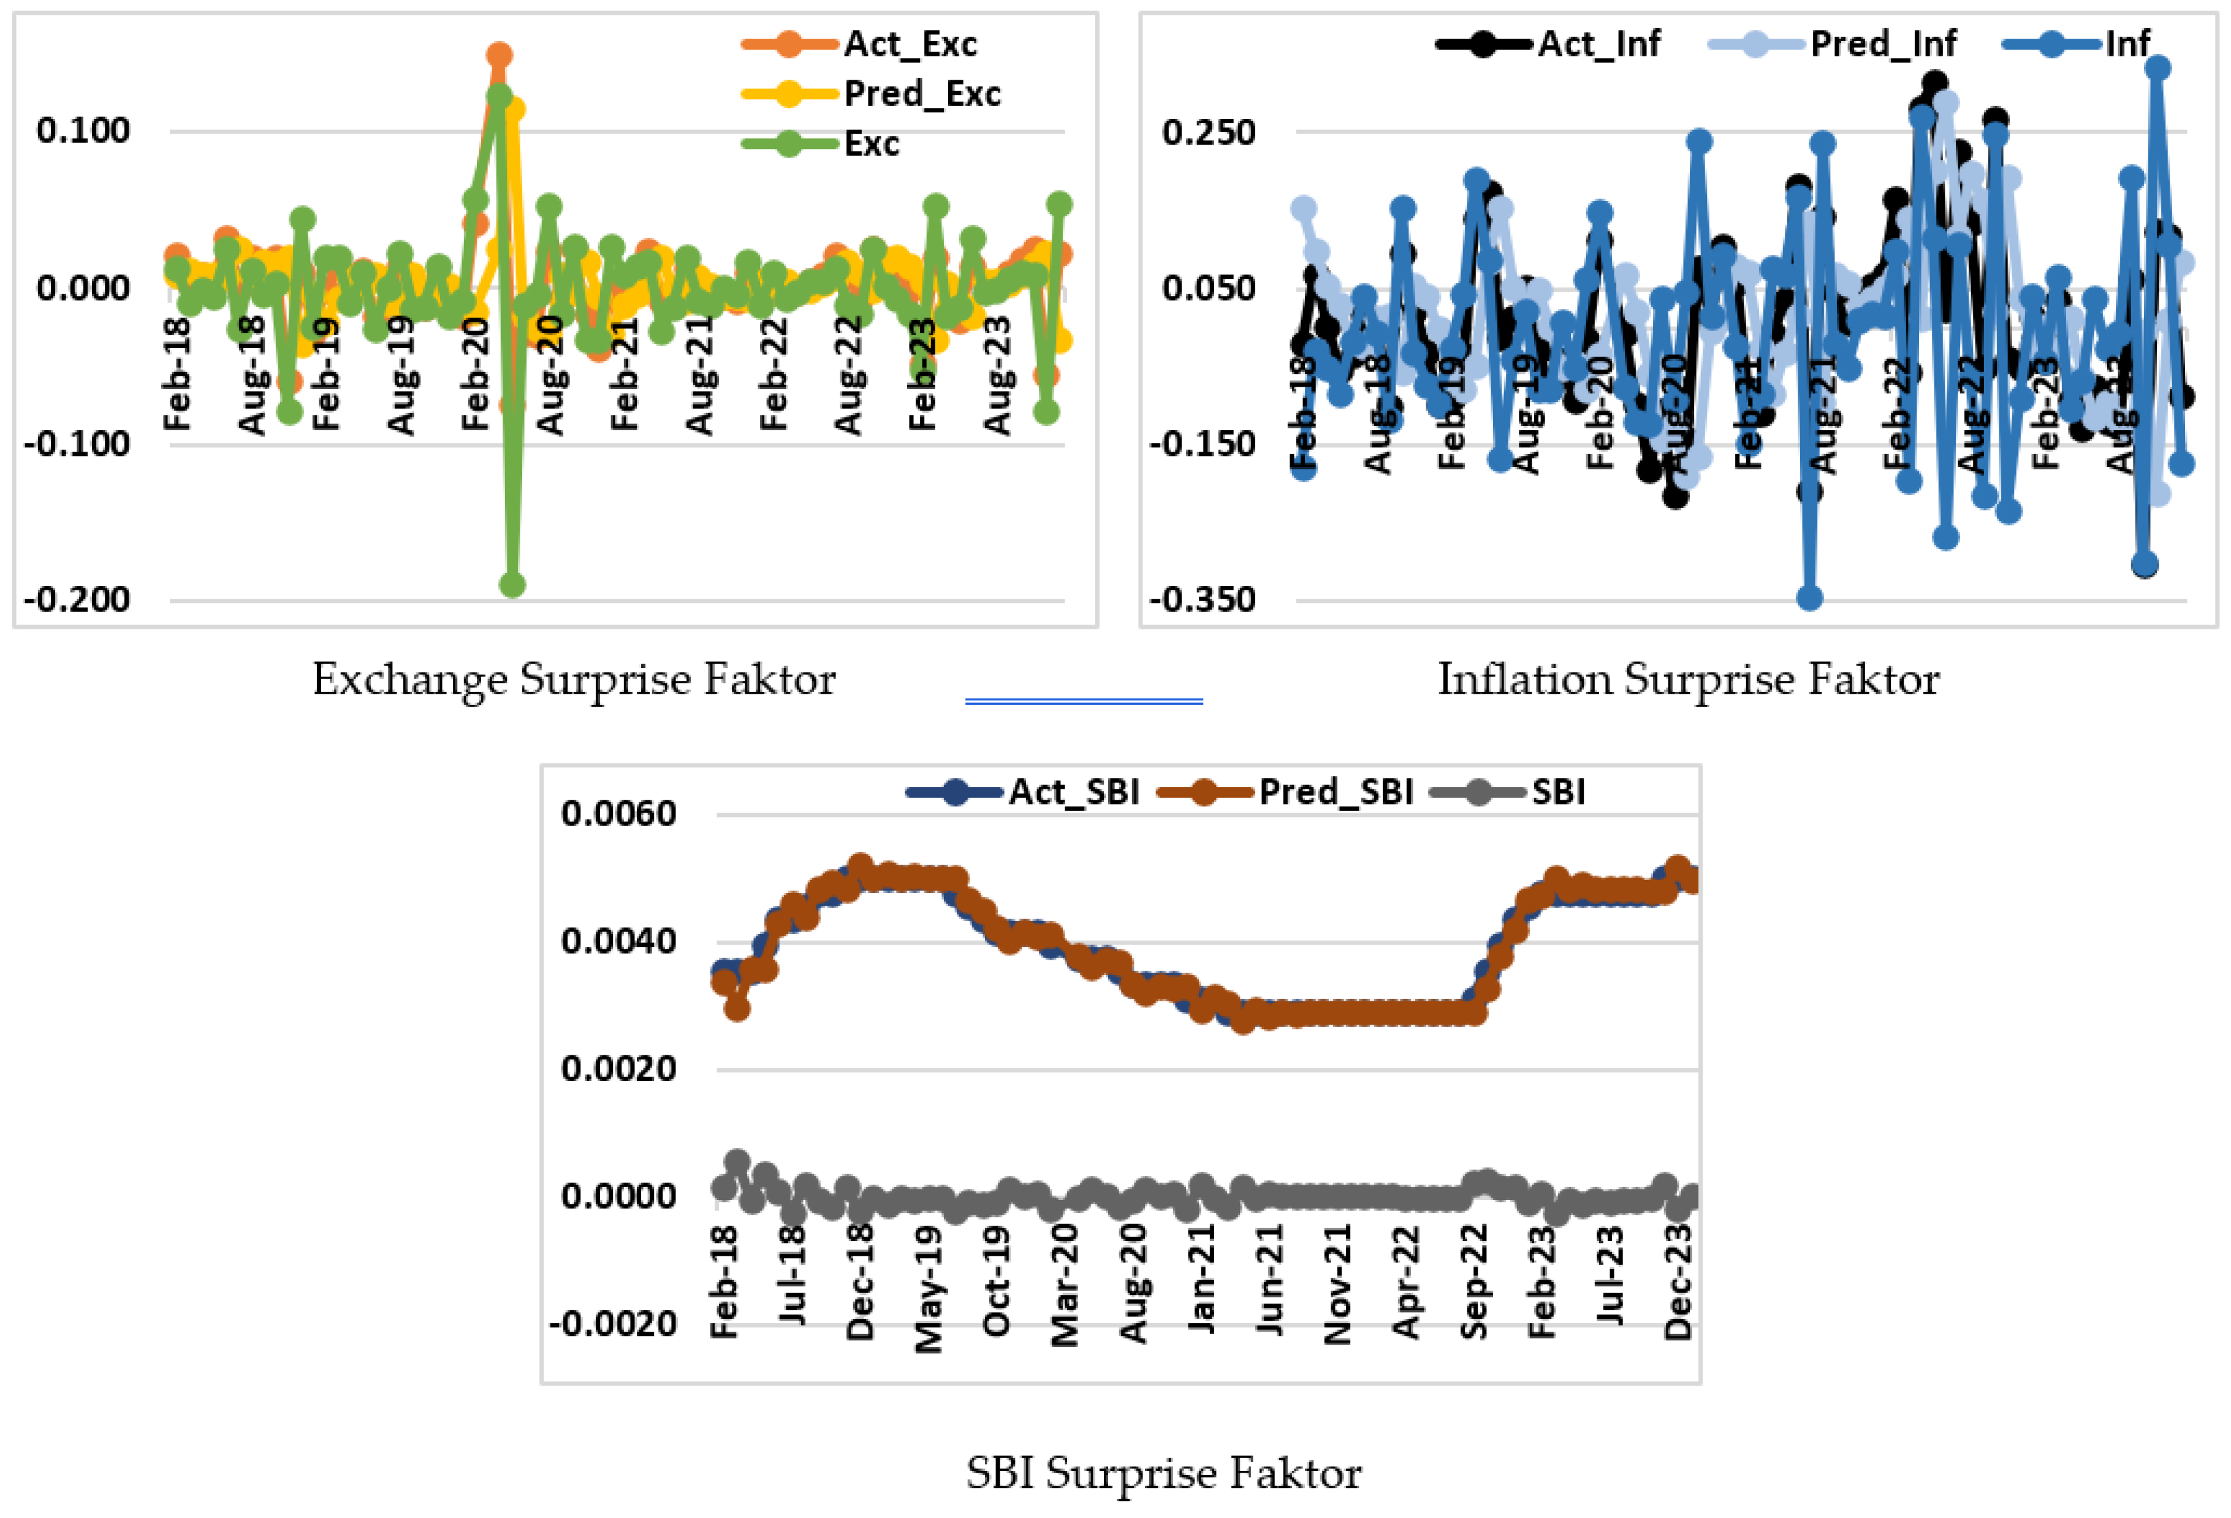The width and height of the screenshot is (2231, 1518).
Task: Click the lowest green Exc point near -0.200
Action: pyautogui.click(x=512, y=585)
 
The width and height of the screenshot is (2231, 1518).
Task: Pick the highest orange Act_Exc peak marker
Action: pyautogui.click(x=498, y=55)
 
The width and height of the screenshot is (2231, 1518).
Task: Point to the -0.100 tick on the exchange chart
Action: pyautogui.click(x=77, y=444)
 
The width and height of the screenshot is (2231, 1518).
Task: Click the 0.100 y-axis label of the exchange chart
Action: pyautogui.click(x=83, y=131)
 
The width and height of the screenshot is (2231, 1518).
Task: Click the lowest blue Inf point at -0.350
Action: pyautogui.click(x=1809, y=598)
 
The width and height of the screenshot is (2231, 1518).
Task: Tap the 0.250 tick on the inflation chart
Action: pyautogui.click(x=1209, y=132)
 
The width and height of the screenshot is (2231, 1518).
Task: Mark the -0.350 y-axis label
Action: pyautogui.click(x=1203, y=600)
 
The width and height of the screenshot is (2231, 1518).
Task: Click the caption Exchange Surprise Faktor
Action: pyautogui.click(x=574, y=680)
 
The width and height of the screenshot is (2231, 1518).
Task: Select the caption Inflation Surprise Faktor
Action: pyautogui.click(x=1687, y=680)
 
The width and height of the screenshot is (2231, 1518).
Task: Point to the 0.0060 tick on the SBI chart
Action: pyautogui.click(x=619, y=814)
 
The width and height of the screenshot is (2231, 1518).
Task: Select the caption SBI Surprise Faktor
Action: pyautogui.click(x=1163, y=1473)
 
